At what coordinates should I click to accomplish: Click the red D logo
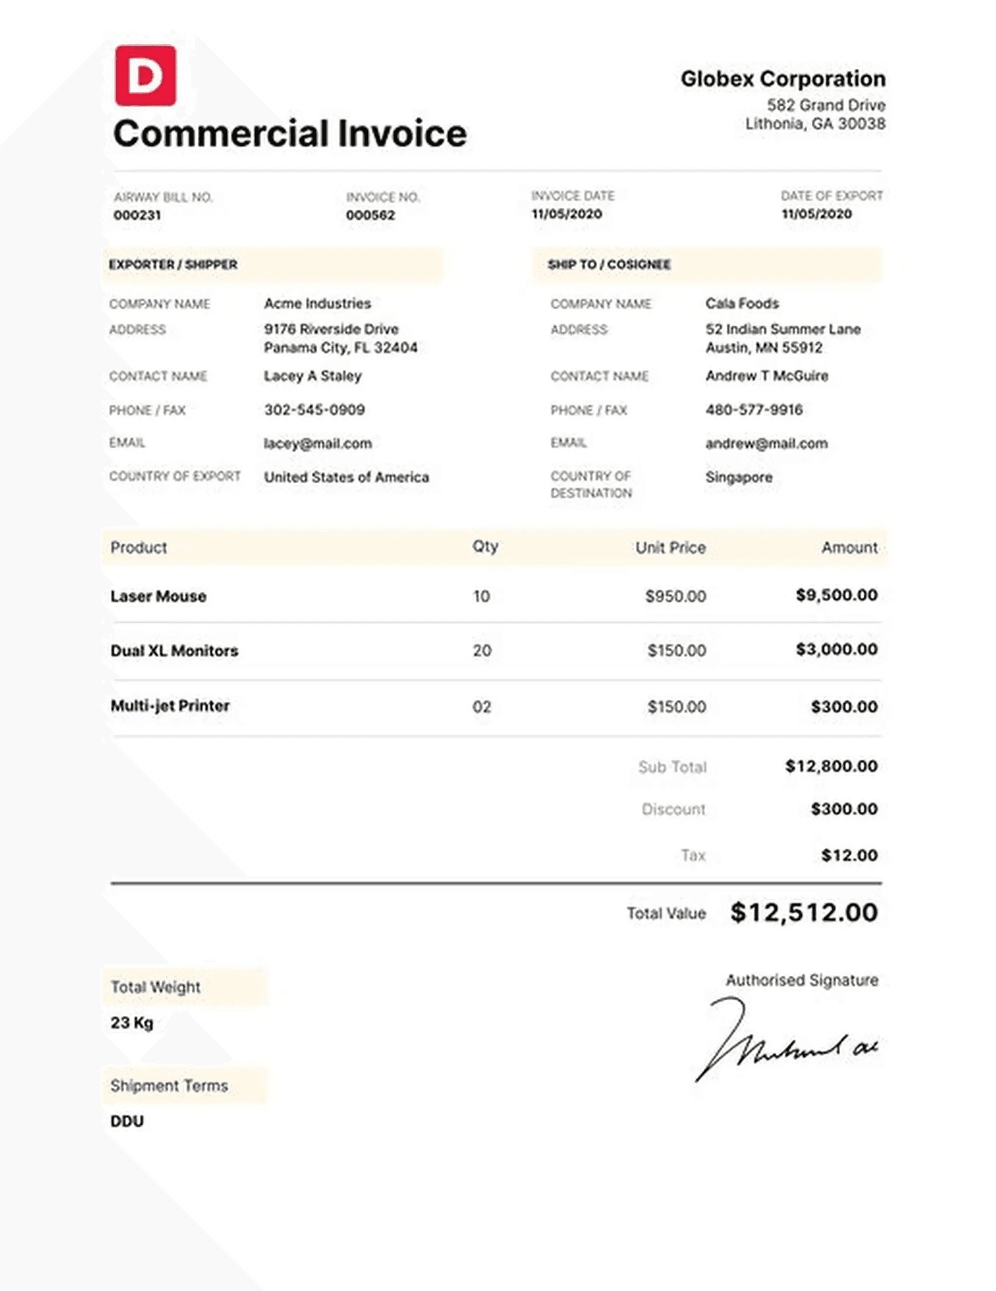[x=145, y=76]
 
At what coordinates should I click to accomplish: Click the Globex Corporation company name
[x=783, y=79]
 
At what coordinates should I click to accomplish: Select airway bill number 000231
[x=137, y=215]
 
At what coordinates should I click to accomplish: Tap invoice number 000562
[x=370, y=215]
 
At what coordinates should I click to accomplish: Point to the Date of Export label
[x=831, y=196]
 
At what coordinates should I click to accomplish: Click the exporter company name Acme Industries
[x=317, y=303]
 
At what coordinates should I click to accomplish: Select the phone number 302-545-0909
[x=314, y=409]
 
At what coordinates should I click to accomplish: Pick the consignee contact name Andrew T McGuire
[x=766, y=376]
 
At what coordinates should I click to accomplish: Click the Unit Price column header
[x=670, y=547]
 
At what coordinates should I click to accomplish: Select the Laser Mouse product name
[x=158, y=596]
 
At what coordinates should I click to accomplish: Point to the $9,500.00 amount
[x=837, y=595]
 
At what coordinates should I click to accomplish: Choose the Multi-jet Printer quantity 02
[x=482, y=707]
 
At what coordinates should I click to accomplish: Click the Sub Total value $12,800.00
[x=831, y=766]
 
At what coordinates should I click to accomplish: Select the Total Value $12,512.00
[x=804, y=912]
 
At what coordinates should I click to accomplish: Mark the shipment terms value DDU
[x=127, y=1121]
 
